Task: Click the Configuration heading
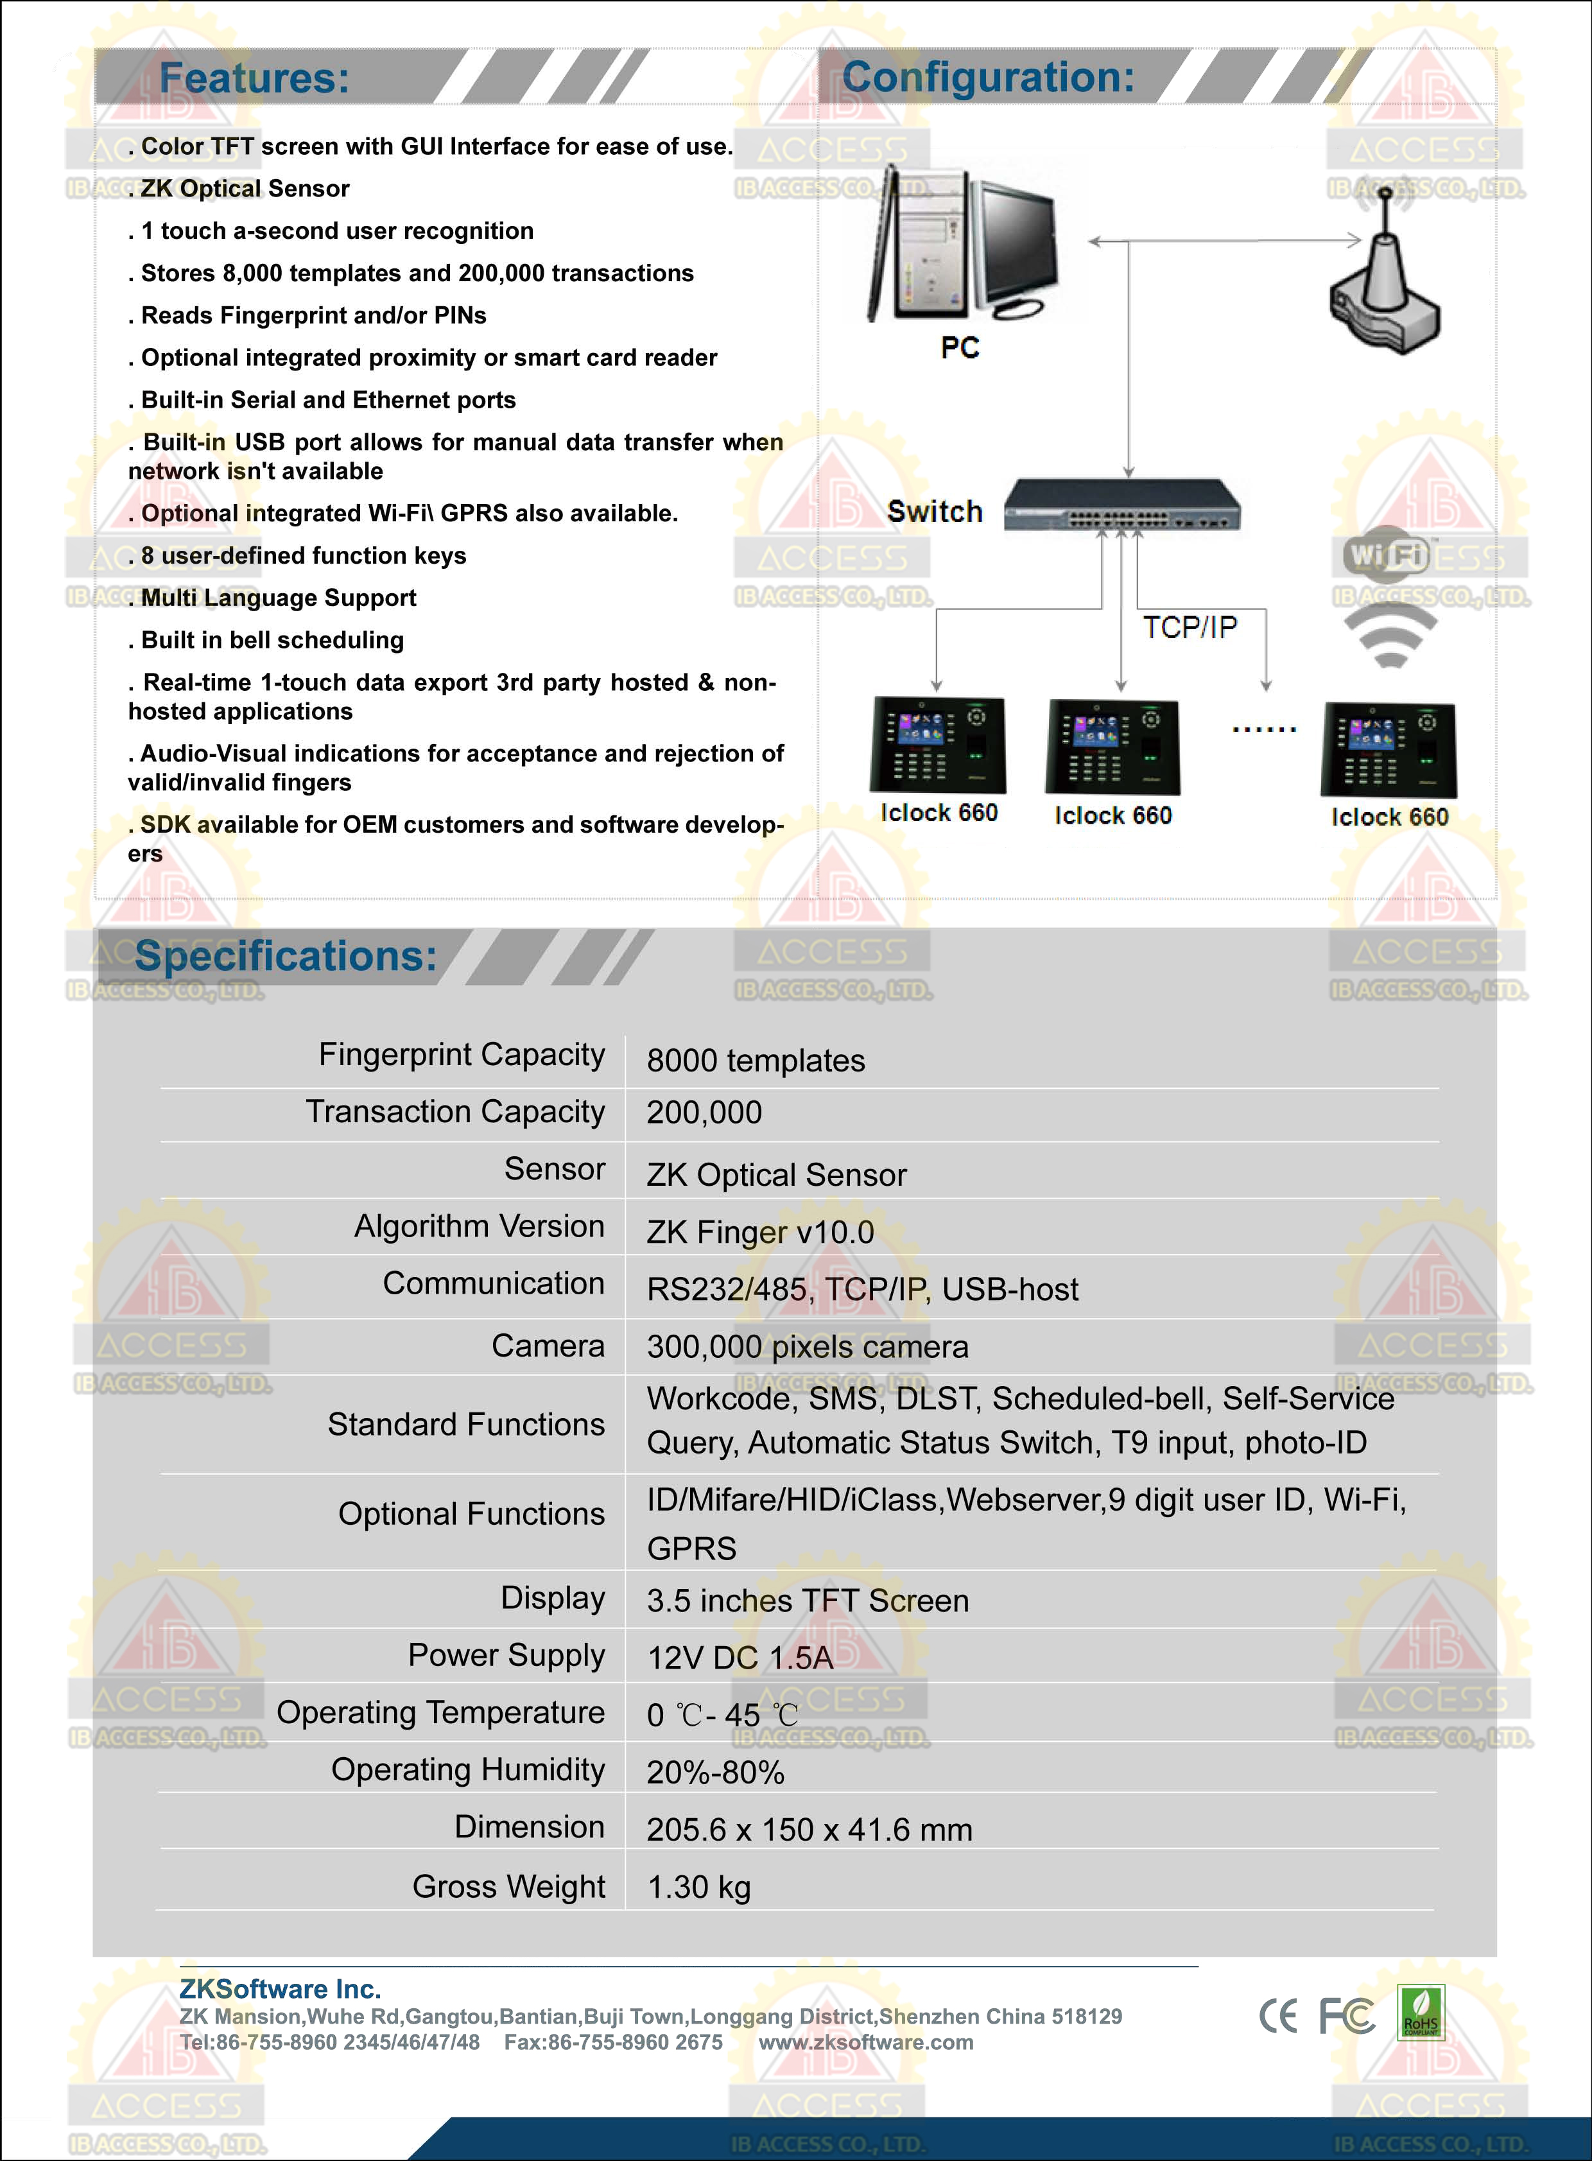click(988, 77)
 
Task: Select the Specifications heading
click(285, 956)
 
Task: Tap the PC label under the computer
click(960, 347)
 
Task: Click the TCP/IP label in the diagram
click(1189, 627)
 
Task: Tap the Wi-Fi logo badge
click(1387, 553)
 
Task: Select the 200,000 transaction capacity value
click(704, 1113)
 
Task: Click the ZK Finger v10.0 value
click(759, 1232)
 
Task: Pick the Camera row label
click(548, 1346)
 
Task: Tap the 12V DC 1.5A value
click(739, 1657)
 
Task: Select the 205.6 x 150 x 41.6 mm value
click(809, 1830)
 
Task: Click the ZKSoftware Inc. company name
click(279, 1988)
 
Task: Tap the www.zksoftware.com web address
click(865, 2042)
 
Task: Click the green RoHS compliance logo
click(1421, 2013)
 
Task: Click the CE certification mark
click(1278, 2015)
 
